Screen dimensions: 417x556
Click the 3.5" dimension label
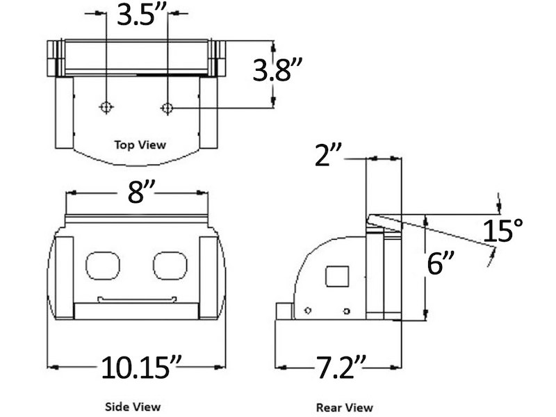pos(138,15)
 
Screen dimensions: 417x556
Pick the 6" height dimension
pos(441,263)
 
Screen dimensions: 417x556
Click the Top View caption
pos(140,145)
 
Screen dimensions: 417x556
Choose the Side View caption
pos(133,406)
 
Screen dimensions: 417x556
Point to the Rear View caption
pos(344,407)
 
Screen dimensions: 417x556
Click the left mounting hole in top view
pos(106,107)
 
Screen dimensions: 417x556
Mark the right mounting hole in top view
pos(167,107)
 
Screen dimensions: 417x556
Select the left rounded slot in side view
pos(103,265)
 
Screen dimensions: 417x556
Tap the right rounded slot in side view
pos(170,265)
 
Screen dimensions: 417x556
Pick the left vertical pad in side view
pos(64,277)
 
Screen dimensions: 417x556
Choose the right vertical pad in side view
pos(208,277)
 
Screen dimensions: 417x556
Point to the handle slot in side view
pos(137,300)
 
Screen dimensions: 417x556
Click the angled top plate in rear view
pos(383,224)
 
